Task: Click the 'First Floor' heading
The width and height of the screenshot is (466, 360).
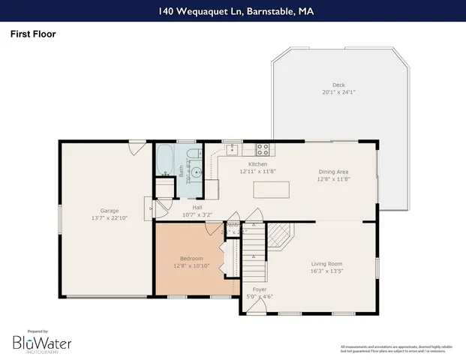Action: (33, 34)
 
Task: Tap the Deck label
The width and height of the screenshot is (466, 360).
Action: (339, 85)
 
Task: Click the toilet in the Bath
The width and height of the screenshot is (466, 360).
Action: (193, 155)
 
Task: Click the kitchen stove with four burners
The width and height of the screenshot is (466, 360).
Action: (263, 148)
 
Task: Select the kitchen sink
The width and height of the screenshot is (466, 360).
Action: (233, 148)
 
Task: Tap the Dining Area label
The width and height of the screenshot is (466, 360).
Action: (334, 171)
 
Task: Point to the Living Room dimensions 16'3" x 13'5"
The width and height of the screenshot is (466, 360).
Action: (327, 271)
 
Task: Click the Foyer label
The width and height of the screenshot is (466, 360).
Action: (260, 289)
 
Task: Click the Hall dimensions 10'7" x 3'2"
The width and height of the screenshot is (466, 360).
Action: (197, 214)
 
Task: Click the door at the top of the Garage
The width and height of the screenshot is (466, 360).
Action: (136, 148)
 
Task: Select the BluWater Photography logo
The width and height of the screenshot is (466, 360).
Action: (41, 343)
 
